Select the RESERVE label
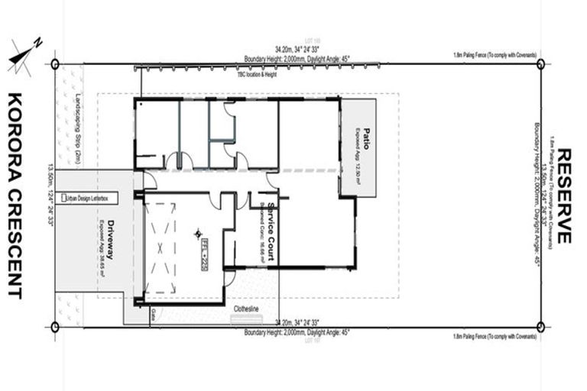pos(565,195)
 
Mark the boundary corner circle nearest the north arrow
pos(55,64)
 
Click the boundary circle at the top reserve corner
pos(540,64)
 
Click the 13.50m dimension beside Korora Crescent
pos(51,195)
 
